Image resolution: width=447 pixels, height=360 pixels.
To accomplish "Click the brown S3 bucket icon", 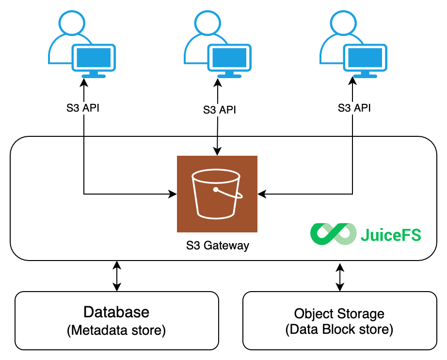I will pos(217,194).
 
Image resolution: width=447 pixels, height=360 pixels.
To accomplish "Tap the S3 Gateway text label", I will pos(217,245).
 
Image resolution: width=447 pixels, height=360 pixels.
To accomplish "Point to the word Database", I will pos(116,311).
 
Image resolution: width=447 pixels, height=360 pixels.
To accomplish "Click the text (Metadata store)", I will pos(116,330).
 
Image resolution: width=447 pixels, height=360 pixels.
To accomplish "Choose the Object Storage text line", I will pos(339,313).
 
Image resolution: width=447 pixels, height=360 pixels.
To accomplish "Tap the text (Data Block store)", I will pos(339,330).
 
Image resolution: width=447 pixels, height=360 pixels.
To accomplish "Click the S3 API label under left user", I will pos(83,108).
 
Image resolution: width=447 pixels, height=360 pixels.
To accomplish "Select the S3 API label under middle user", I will pos(220,110).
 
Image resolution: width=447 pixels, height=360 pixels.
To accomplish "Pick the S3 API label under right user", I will pos(354,108).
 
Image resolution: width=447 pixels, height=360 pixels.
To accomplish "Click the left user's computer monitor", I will pos(95,59).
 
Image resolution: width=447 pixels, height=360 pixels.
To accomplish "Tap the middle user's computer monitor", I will pos(230,59).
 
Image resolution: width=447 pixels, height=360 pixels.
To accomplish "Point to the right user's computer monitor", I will pos(366,59).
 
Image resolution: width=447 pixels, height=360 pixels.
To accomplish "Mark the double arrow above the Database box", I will pos(116,276).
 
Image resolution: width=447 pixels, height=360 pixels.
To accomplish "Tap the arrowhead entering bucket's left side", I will pos(173,195).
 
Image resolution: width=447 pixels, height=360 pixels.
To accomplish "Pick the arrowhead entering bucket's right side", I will pos(262,195).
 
